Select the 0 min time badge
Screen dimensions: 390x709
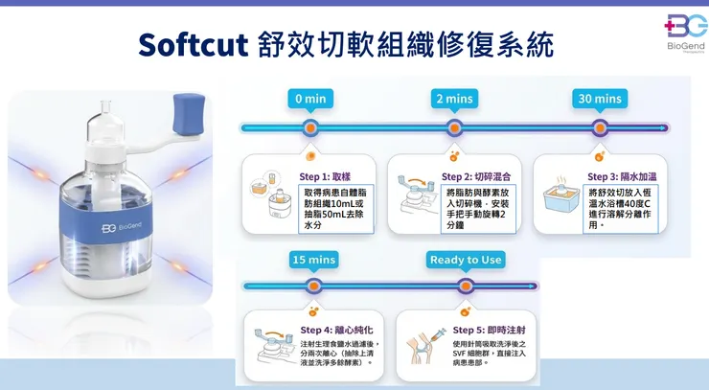pos(310,99)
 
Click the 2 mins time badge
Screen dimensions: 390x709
pos(454,99)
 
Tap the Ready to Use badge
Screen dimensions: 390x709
pos(466,260)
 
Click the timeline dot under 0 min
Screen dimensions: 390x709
pos(310,127)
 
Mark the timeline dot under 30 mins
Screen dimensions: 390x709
pos(600,127)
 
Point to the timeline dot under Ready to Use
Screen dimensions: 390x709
pos(466,286)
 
